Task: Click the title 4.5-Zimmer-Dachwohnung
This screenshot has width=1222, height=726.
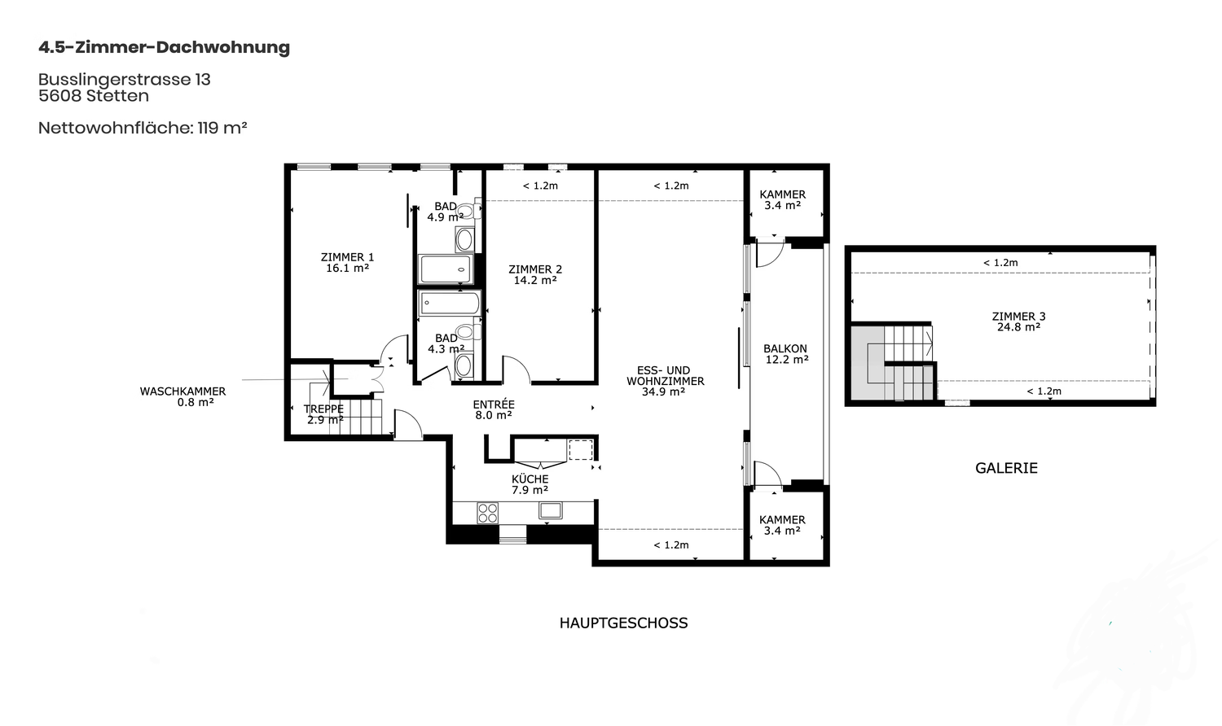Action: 165,47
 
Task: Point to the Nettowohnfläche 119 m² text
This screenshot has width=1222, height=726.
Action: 143,128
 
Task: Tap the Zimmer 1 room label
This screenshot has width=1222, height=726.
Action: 348,262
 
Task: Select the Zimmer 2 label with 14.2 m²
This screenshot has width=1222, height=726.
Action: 535,274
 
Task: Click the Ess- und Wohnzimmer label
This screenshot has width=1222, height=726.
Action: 665,380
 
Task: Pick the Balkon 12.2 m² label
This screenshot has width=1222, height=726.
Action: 785,354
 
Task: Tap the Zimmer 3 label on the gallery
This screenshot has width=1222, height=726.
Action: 1018,321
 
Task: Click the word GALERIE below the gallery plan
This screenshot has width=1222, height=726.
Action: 1006,468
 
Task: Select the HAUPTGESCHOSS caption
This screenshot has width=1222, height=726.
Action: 623,623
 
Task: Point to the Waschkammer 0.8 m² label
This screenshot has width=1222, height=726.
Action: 182,397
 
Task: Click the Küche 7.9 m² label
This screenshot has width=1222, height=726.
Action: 530,484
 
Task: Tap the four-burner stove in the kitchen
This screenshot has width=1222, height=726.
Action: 487,512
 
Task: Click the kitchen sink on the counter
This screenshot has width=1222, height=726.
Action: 551,510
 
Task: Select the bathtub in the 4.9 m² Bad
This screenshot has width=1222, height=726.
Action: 446,269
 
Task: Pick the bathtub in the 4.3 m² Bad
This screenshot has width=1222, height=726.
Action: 450,303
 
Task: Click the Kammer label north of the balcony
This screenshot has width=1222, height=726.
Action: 782,199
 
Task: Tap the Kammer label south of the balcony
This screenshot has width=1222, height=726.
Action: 782,525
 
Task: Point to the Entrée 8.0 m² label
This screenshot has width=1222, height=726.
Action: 494,409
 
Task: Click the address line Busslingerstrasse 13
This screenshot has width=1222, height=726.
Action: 125,80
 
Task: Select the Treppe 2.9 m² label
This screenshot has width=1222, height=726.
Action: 324,414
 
